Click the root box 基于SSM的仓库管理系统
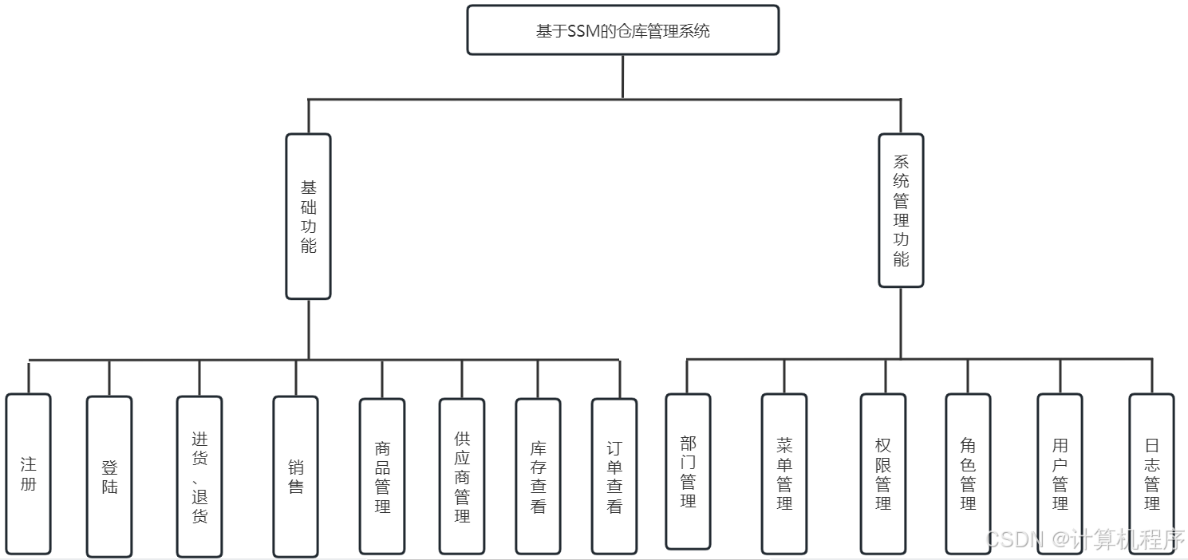tap(622, 30)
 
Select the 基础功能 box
tap(309, 216)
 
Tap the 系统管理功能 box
tap(901, 211)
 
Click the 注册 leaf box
tap(29, 474)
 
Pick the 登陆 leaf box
tap(109, 476)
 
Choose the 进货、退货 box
tap(199, 476)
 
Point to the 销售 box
tap(296, 476)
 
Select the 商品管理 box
tap(382, 476)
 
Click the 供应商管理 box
tap(462, 476)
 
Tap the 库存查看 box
tap(538, 476)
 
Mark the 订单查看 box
tap(614, 476)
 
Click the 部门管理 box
tap(688, 471)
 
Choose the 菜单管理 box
tap(784, 474)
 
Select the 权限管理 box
tap(883, 474)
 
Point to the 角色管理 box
tap(968, 474)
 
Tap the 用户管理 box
tap(1060, 474)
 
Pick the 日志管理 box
tap(1151, 474)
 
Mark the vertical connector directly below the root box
tap(622, 77)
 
